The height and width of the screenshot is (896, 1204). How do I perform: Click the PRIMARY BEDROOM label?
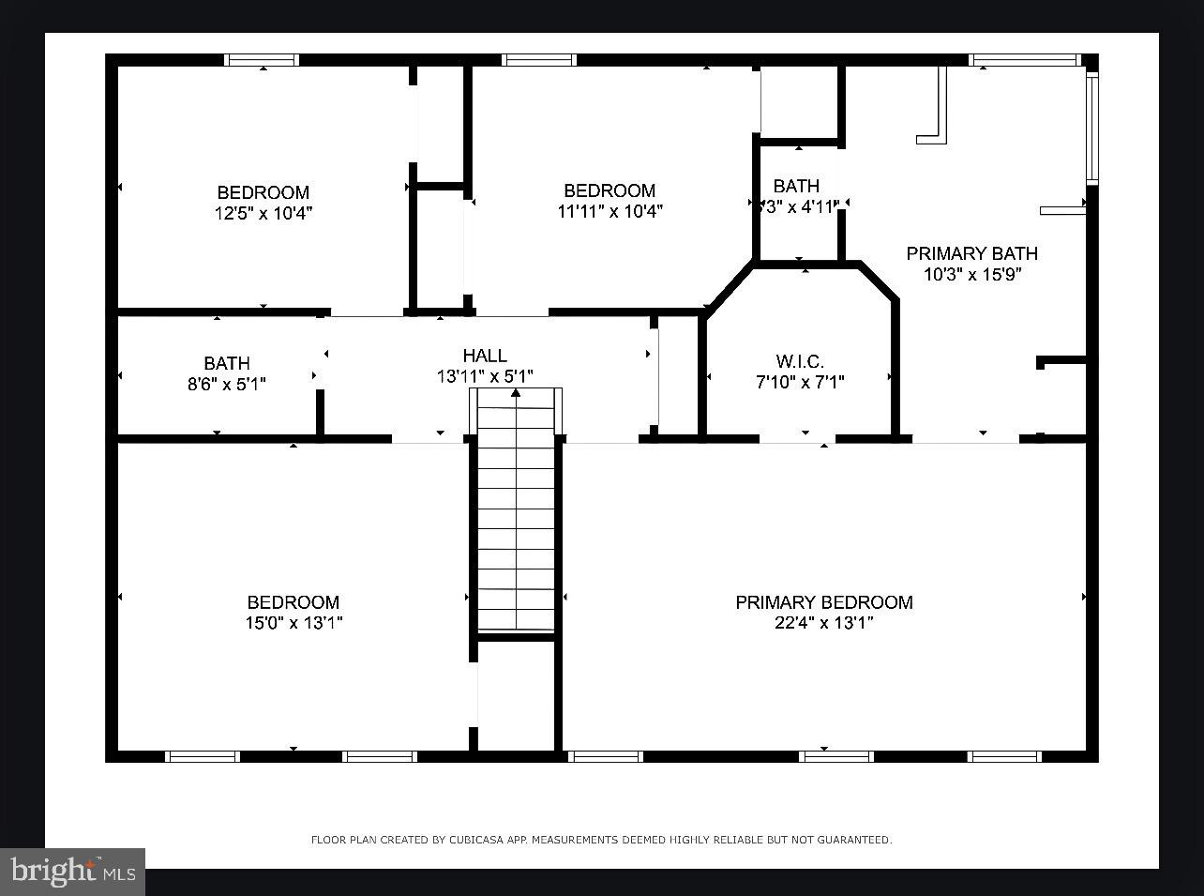(x=823, y=602)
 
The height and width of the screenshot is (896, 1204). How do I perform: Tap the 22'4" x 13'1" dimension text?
(x=823, y=623)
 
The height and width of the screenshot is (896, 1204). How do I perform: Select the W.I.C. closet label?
(x=800, y=361)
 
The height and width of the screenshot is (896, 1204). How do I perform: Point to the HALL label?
(x=485, y=356)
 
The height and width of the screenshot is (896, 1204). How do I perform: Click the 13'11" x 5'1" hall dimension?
(x=485, y=376)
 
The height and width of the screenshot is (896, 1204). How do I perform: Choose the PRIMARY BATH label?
(x=971, y=253)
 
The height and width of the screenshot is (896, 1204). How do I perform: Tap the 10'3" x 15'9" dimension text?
(x=971, y=274)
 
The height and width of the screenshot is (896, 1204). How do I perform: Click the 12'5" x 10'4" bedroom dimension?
(x=263, y=213)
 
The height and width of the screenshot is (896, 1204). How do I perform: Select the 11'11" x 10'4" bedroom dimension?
(x=610, y=211)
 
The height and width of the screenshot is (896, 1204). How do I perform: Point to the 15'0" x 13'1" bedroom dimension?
(x=293, y=623)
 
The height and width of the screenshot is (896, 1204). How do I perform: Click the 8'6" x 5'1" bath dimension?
(x=227, y=383)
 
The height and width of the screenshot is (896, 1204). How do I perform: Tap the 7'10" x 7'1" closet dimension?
(x=800, y=382)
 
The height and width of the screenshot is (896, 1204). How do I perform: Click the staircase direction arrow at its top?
(x=516, y=392)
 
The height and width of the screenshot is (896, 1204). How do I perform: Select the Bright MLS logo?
(x=72, y=872)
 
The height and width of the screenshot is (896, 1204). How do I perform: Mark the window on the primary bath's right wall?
(x=1091, y=128)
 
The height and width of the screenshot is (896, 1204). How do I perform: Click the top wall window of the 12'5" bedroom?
(x=262, y=60)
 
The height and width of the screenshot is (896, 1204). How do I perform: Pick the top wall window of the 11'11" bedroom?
(x=538, y=60)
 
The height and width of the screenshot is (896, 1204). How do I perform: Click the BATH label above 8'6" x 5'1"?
(x=227, y=363)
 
